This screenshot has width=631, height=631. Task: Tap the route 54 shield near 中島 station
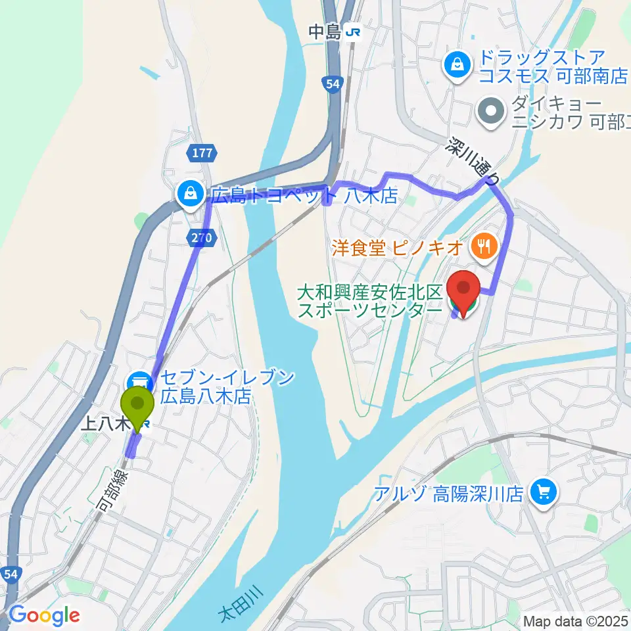click(333, 83)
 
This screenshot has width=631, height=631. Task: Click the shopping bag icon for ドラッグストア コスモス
click(455, 64)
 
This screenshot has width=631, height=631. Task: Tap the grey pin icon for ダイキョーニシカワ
click(490, 112)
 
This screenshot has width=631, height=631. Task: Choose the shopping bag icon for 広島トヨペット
click(189, 193)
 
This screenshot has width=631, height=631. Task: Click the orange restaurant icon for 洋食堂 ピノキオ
click(484, 247)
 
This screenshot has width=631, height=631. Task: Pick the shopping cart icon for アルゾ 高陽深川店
click(543, 492)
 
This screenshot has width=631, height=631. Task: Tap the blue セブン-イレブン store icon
click(139, 381)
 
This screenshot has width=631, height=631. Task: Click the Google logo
click(44, 615)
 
